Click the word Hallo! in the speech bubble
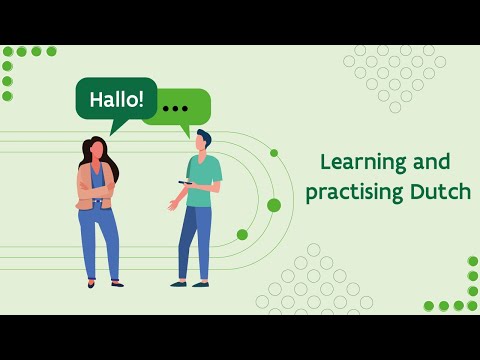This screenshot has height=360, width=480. point(116,100)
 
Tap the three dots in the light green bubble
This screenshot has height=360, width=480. point(175,107)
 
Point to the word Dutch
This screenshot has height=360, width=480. point(440,192)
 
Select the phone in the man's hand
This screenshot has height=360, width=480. point(183,182)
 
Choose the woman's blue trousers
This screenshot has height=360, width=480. point(98,240)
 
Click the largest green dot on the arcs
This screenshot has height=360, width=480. point(274,205)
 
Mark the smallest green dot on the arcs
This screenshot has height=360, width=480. point(274,153)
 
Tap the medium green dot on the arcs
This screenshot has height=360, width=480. point(242,234)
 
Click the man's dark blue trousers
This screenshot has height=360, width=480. point(194,240)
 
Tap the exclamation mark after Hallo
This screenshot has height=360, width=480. point(140,99)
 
